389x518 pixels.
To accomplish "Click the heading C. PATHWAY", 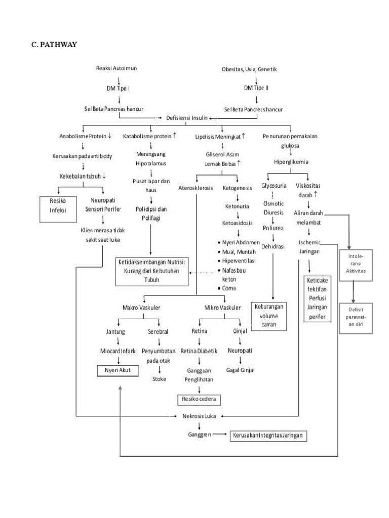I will (x=54, y=45).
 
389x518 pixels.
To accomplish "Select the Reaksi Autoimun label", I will (x=116, y=68).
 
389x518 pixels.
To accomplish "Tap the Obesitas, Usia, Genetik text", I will (x=249, y=69).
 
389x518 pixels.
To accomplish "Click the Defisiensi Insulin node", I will (x=187, y=117).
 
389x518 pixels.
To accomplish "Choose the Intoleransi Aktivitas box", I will (x=356, y=264).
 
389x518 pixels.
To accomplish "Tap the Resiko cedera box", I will (x=199, y=399).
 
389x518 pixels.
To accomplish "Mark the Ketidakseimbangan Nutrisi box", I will (x=151, y=272).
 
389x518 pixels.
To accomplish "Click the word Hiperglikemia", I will (x=291, y=162).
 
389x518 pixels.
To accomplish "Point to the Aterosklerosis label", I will (x=196, y=187).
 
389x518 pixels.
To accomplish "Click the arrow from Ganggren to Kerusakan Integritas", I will (x=220, y=435).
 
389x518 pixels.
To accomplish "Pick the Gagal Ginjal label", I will (x=240, y=370).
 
